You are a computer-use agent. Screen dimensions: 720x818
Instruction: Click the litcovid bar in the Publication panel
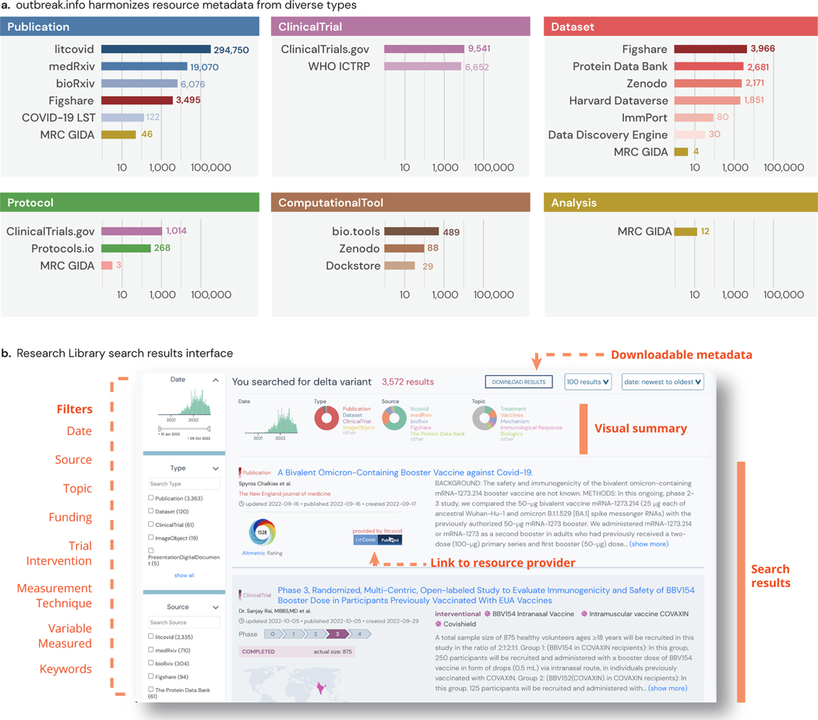156,50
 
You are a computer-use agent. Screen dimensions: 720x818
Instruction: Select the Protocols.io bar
125,248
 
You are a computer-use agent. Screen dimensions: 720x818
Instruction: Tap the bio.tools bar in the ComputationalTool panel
411,232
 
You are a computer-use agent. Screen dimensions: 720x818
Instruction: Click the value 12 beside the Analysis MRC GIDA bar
705,232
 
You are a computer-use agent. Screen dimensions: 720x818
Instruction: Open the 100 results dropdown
588,381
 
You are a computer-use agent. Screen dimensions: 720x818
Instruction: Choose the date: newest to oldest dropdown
663,381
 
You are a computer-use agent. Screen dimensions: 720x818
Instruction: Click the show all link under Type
184,575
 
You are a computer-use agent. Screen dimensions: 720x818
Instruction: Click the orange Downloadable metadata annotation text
682,355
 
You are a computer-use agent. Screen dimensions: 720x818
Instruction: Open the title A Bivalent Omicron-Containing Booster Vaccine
405,472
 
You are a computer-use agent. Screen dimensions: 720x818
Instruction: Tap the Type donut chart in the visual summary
326,418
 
